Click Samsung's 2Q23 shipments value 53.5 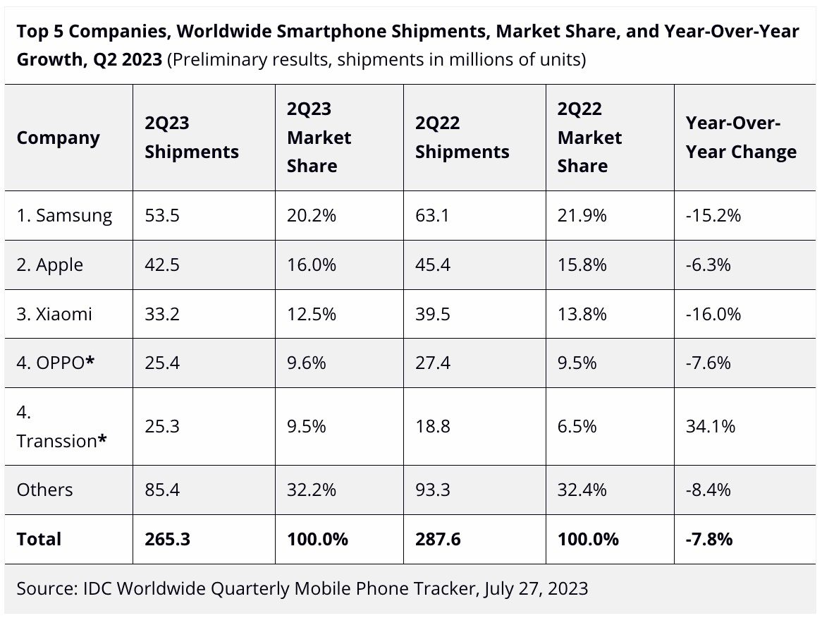click(x=162, y=215)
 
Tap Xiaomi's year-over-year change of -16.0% click(x=713, y=314)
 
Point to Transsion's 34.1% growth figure click(x=711, y=426)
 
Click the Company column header click(x=59, y=138)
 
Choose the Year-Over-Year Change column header click(x=741, y=138)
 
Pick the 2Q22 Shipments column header click(x=462, y=138)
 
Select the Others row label click(x=44, y=490)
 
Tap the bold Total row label click(x=39, y=539)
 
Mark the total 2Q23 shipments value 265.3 click(x=168, y=539)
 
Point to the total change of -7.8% click(x=709, y=539)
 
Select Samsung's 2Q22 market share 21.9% click(x=582, y=215)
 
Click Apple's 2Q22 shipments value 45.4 click(x=433, y=265)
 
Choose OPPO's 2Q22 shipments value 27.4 click(x=433, y=363)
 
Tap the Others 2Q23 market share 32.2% click(x=311, y=490)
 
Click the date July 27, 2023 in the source click(x=536, y=588)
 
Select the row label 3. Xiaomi click(x=54, y=314)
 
